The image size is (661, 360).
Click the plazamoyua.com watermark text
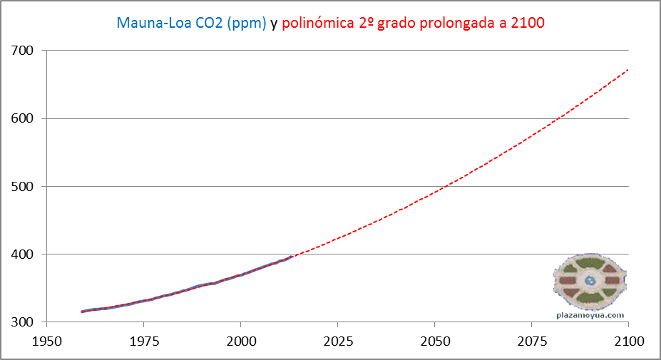[x=590, y=314]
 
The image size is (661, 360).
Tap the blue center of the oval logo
[x=590, y=281]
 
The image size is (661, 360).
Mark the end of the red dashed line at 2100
[x=628, y=69]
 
